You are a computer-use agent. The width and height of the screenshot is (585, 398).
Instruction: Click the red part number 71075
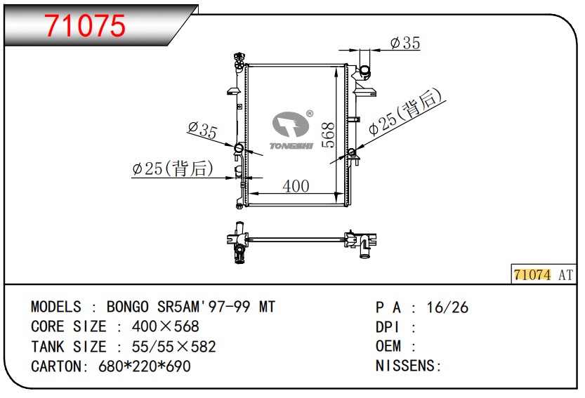(x=85, y=26)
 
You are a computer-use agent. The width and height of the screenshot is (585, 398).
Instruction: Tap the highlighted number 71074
(x=532, y=275)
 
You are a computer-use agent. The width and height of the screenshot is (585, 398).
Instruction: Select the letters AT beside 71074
(x=565, y=275)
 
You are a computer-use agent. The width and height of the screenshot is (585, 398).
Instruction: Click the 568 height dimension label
(x=328, y=135)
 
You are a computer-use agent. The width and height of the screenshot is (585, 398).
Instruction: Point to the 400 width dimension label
(x=296, y=186)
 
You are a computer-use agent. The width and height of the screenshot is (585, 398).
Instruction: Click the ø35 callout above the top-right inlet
(x=405, y=43)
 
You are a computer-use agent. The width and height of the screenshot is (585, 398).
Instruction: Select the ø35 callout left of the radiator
(x=202, y=130)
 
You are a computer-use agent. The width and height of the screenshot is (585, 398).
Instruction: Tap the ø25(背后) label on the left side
(x=173, y=168)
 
